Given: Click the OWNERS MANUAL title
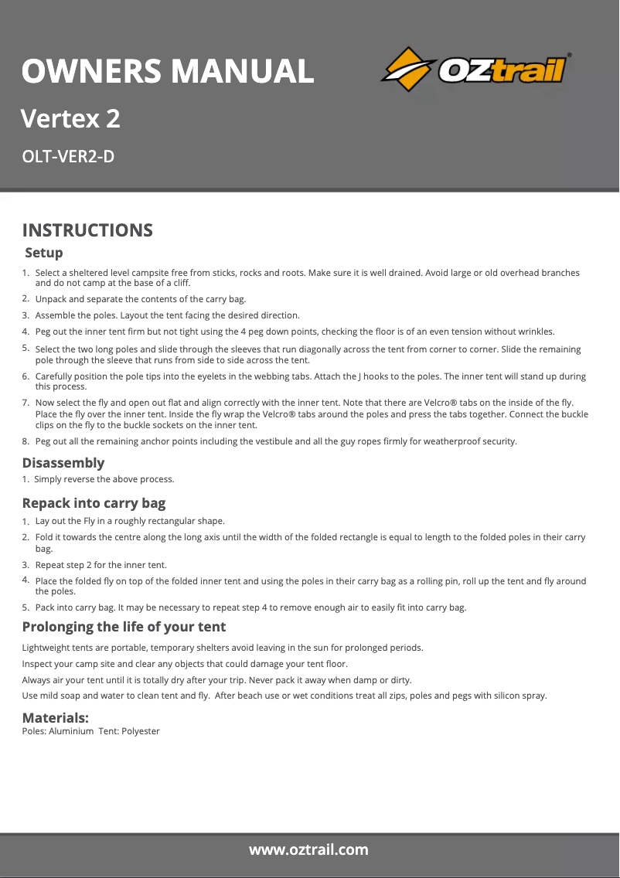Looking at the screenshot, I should tap(168, 71).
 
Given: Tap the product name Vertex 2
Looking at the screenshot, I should tap(70, 119).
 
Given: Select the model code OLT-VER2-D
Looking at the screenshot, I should tap(68, 157).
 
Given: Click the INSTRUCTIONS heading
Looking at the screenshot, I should tap(87, 230).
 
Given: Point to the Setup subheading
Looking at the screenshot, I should tap(44, 253).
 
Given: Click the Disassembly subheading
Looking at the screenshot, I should tap(63, 463).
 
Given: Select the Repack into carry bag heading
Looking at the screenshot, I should tap(94, 503).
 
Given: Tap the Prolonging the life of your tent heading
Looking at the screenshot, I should tap(124, 626).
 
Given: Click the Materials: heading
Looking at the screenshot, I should tap(55, 718).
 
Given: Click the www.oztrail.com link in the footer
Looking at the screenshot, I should tap(308, 850).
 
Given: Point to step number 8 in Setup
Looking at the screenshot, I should tap(26, 441).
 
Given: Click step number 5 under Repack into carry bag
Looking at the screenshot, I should tap(26, 607).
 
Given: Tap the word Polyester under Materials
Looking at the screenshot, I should tap(141, 731).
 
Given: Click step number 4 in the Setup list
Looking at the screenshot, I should tap(26, 332).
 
